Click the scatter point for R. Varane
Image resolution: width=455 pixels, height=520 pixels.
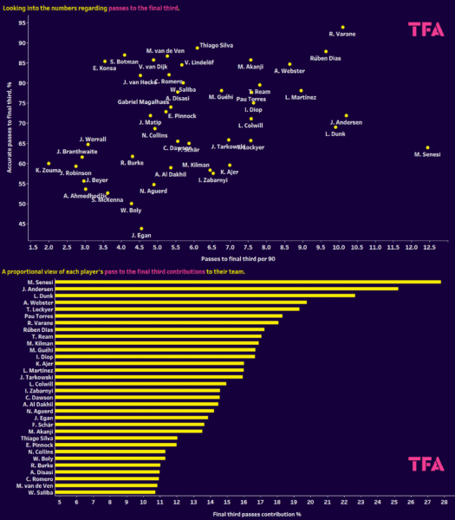pyautogui.click(x=342, y=28)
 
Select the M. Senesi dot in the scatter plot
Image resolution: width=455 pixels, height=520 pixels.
pyautogui.click(x=427, y=147)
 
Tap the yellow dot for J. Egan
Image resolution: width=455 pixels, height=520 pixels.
pyautogui.click(x=141, y=229)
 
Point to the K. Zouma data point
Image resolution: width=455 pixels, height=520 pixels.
pyautogui.click(x=49, y=163)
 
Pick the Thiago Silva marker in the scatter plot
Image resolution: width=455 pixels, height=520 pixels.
pyautogui.click(x=198, y=48)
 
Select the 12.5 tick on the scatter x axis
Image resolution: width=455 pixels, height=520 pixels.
pyautogui.click(x=427, y=247)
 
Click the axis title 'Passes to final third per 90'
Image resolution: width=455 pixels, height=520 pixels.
pyautogui.click(x=239, y=258)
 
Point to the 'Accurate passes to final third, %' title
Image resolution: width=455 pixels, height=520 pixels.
pyautogui.click(x=9, y=129)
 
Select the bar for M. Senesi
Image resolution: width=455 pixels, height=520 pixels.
pyautogui.click(x=249, y=282)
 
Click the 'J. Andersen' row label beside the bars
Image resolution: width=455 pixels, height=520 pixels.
pyautogui.click(x=42, y=289)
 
